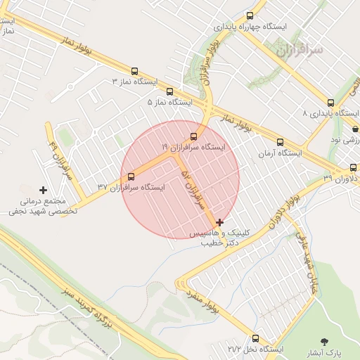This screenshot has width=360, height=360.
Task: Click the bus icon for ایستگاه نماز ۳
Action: point(134,71)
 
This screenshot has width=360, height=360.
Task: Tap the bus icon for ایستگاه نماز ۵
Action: point(169,91)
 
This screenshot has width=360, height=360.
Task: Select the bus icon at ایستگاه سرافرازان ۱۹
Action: point(194,136)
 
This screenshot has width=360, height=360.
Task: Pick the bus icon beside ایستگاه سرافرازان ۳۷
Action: point(131,176)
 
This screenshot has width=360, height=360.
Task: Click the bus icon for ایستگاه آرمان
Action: point(281,142)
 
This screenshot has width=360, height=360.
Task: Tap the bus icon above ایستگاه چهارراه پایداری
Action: point(250,15)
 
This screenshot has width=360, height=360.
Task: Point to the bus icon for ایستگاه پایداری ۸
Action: point(331,102)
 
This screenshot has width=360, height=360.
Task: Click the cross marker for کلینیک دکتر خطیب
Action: point(220,221)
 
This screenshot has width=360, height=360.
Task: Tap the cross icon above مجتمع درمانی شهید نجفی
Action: point(44,190)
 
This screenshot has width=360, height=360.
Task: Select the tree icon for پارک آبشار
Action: point(324,341)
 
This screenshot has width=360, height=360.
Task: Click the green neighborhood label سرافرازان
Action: point(298,50)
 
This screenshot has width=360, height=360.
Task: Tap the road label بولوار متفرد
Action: point(203,300)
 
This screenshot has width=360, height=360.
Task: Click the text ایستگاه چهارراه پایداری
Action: point(251,27)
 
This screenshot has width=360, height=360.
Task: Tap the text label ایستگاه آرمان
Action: point(280,153)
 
